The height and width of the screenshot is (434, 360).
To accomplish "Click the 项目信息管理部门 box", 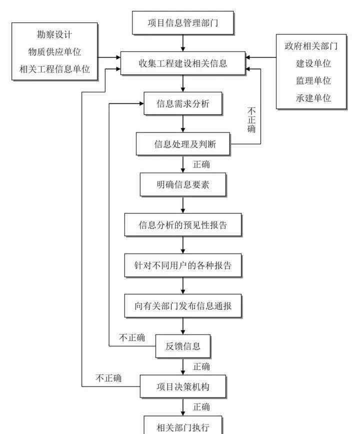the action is [x=183, y=22].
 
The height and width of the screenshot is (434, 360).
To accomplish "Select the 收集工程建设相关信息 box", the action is [x=183, y=63].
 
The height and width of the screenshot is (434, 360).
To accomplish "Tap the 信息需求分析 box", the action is [x=183, y=103].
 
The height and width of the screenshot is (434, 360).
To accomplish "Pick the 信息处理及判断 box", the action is [x=183, y=144].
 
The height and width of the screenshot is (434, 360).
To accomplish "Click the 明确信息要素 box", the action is [x=183, y=184].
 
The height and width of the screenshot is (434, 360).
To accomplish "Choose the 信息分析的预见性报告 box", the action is [x=183, y=225].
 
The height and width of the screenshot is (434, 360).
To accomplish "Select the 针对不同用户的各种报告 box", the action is [x=183, y=265].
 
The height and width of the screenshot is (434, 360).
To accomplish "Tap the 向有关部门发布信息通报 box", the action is [x=183, y=306].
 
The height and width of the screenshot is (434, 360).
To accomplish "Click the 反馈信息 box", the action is [x=183, y=346].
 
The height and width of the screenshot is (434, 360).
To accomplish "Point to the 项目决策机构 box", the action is [x=183, y=386].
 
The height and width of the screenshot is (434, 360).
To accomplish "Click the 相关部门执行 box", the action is [x=183, y=425].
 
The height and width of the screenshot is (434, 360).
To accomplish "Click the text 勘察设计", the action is [x=54, y=34].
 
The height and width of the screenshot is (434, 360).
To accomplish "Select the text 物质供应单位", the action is [x=54, y=52].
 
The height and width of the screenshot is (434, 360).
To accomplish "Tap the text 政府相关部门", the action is [x=311, y=46].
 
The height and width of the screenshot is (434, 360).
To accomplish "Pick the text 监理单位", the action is [x=313, y=80].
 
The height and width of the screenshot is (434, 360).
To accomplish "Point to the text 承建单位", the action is [x=313, y=98].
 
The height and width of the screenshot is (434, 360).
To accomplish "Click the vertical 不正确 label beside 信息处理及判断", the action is [x=251, y=120].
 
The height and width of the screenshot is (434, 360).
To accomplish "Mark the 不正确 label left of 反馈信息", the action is [x=132, y=337].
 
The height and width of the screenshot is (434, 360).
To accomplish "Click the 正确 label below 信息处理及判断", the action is [x=201, y=164].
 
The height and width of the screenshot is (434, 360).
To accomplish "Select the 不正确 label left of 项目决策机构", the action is [x=108, y=378].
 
